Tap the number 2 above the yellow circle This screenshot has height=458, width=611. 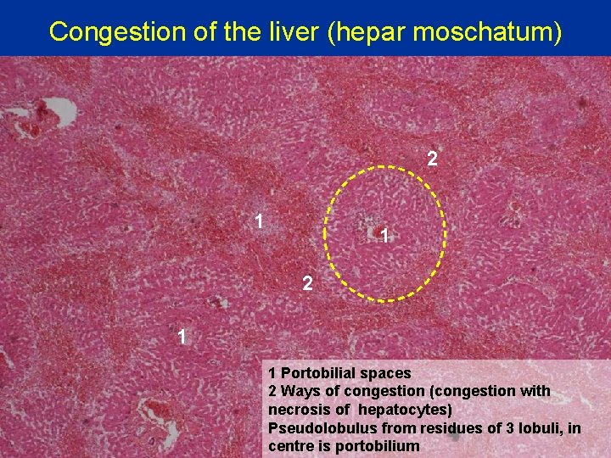click(x=432, y=159)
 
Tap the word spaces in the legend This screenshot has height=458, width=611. click(x=388, y=373)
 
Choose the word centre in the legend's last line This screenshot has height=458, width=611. click(x=290, y=445)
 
